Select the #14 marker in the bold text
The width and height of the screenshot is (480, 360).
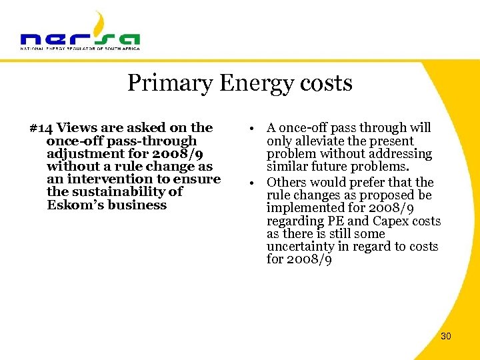41,127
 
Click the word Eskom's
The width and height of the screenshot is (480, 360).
73,205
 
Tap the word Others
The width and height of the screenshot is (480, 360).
286,182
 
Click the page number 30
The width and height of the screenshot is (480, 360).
445,336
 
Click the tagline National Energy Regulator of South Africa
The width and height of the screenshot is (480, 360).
80,49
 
